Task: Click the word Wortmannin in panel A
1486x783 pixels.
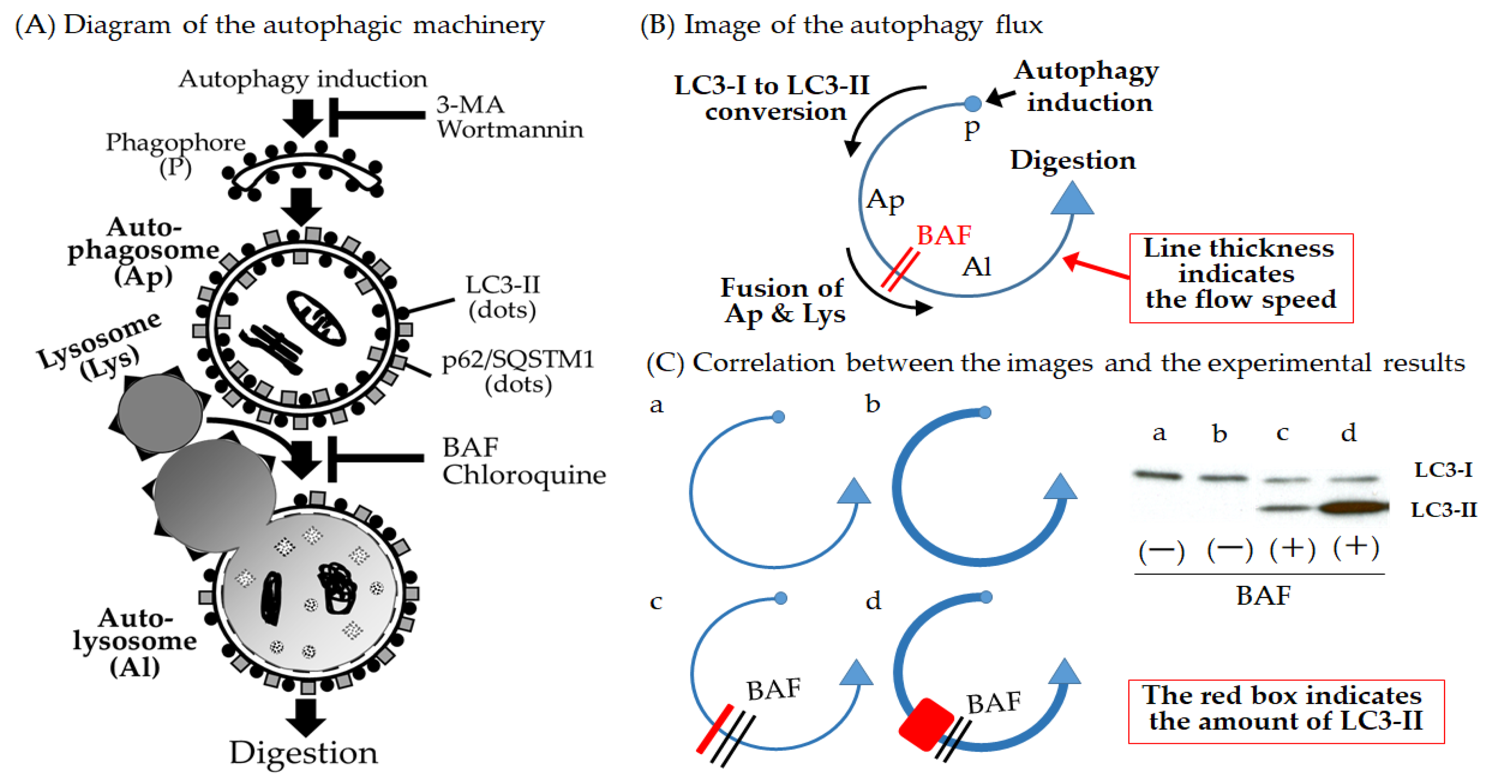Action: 509,129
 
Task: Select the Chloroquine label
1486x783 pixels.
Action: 524,475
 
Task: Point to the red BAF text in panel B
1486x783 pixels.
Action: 944,235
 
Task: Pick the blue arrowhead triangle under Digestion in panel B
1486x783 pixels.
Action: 1072,199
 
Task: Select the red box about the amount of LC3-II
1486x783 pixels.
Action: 1286,712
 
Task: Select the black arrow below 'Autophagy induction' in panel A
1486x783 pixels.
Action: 303,117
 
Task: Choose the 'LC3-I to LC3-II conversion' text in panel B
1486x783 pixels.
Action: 772,98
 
